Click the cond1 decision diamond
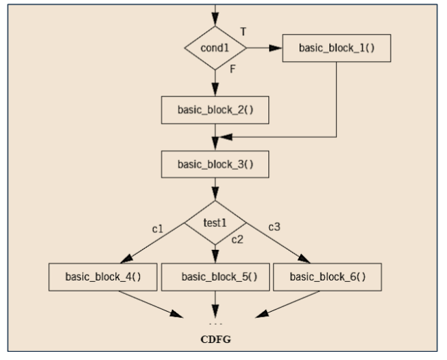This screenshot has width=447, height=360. (x=215, y=49)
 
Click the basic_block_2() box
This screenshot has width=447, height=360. (x=215, y=109)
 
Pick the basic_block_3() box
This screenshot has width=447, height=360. (x=215, y=164)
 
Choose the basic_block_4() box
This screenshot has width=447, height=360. (x=103, y=277)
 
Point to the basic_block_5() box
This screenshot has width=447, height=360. (x=215, y=277)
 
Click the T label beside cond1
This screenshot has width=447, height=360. (x=244, y=32)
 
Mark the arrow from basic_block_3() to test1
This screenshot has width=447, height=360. (x=215, y=188)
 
